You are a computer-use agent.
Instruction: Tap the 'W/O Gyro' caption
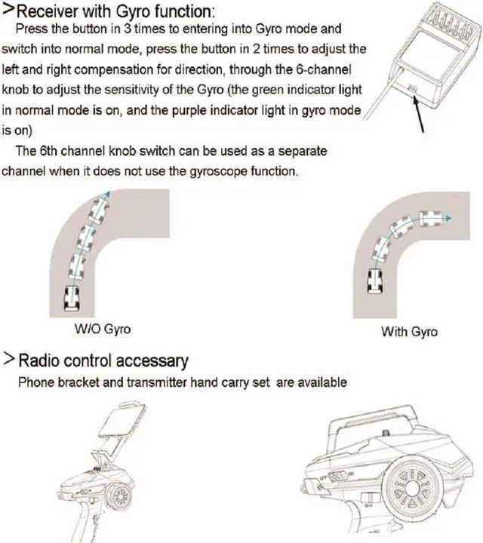pyautogui.click(x=103, y=330)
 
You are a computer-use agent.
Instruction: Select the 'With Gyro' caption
pyautogui.click(x=409, y=331)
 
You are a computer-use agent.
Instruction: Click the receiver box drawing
pyautogui.click(x=426, y=57)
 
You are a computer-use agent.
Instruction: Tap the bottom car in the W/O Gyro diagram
pyautogui.click(x=72, y=296)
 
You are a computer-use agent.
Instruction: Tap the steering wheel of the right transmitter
pyautogui.click(x=414, y=487)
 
